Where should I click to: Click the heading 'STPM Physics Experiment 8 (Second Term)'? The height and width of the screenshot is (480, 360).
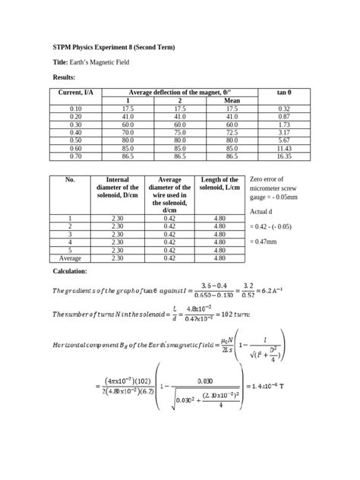pyautogui.click(x=113, y=48)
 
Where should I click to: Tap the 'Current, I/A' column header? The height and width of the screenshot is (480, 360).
pyautogui.click(x=75, y=92)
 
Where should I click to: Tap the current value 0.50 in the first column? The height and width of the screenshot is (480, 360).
pyautogui.click(x=75, y=140)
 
